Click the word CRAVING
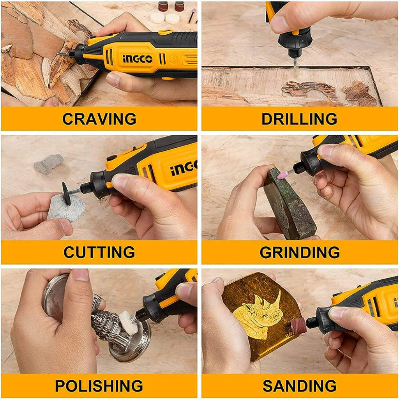coord(99,118)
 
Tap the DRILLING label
coord(299,118)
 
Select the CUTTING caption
coord(99,252)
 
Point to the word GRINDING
coord(299,252)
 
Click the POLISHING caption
coord(99,386)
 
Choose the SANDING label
coord(299,386)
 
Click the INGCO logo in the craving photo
coord(138,59)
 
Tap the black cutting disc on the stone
coord(67,192)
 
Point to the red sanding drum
coord(298,327)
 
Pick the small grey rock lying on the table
coord(49,164)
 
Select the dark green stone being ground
coord(286,207)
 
